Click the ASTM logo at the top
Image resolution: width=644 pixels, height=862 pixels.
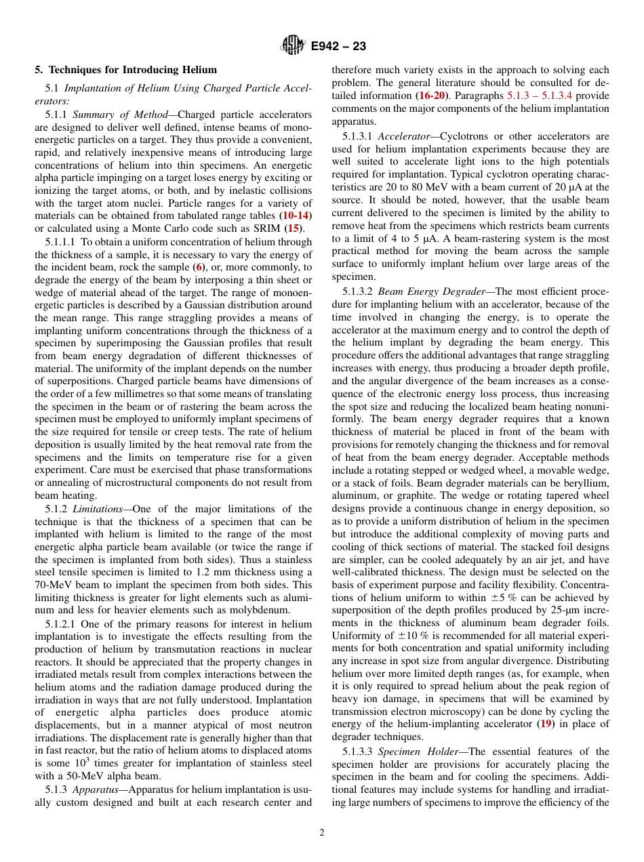pyautogui.click(x=293, y=46)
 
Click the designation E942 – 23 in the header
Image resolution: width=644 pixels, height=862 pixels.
pyautogui.click(x=338, y=47)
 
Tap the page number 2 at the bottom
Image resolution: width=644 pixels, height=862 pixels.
pyautogui.click(x=322, y=833)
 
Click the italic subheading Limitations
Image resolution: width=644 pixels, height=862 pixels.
pyautogui.click(x=97, y=509)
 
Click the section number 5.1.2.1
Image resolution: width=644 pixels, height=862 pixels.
pyautogui.click(x=64, y=623)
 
